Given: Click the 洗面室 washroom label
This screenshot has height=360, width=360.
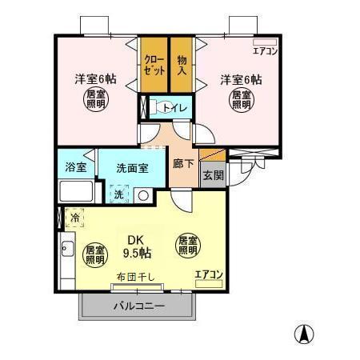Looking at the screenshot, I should click(132, 168).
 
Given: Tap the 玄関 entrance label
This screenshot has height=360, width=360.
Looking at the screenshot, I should click(212, 176).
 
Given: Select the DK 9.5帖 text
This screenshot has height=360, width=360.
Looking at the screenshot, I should click(134, 246).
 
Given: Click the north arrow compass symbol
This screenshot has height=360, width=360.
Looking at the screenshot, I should click(306, 333).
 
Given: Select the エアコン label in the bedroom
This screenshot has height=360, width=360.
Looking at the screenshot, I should click(265, 50).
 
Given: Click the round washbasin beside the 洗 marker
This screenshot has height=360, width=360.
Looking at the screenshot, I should click(143, 194).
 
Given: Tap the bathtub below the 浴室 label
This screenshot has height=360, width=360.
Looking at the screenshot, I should click(77, 192).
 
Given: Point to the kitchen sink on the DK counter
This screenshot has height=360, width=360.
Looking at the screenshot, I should click(67, 249).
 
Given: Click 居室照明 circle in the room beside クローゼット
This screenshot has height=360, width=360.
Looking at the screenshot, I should click(95, 101).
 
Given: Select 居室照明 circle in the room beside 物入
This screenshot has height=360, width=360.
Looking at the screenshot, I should click(240, 101).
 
